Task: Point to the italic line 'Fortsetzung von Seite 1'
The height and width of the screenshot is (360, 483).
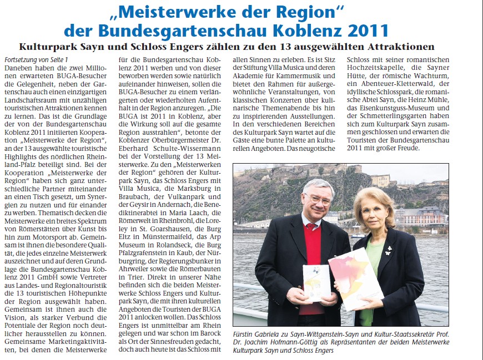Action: click(36, 59)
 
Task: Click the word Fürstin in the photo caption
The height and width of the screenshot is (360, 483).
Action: click(246, 336)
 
